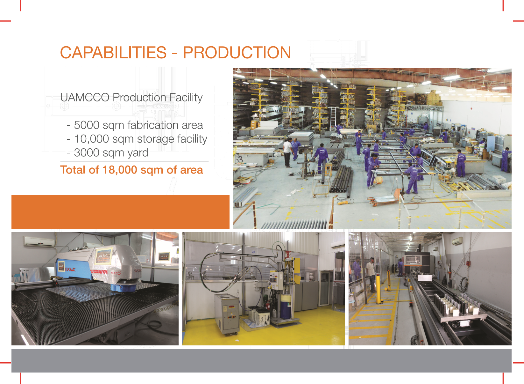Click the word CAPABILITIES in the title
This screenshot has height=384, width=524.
click(113, 52)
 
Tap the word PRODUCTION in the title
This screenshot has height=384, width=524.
click(237, 52)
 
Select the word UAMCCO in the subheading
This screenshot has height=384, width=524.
click(85, 97)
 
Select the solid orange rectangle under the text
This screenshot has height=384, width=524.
click(120, 212)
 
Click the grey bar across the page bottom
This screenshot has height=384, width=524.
click(261, 360)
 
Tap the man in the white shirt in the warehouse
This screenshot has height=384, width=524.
click(287, 152)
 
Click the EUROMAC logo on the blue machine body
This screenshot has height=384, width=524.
click(70, 270)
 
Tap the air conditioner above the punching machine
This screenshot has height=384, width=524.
click(39, 241)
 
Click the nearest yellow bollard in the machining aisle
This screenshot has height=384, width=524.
click(379, 288)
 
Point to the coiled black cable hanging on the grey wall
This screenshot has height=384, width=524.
click(463, 284)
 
